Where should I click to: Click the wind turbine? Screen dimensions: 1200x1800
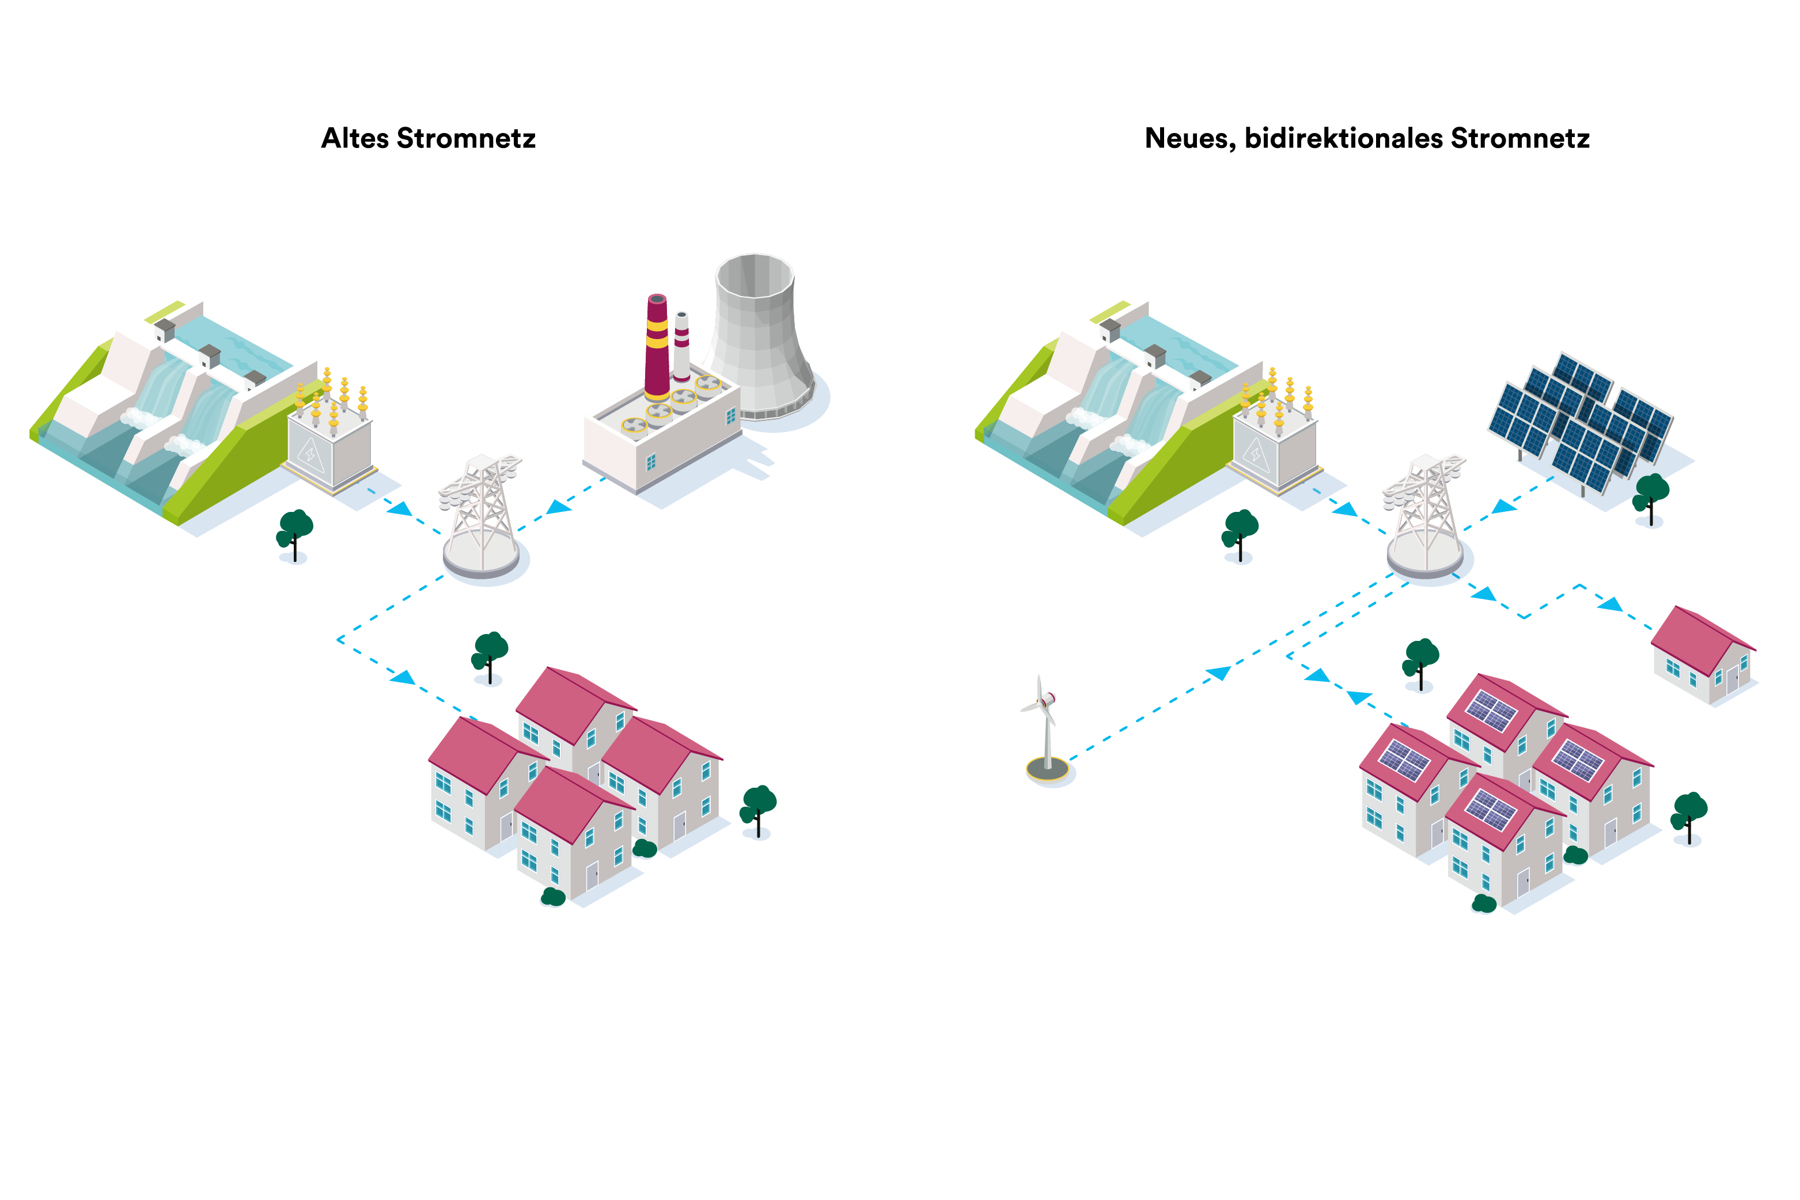click(x=1044, y=719)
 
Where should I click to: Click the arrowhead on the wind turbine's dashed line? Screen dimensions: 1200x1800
click(x=1217, y=673)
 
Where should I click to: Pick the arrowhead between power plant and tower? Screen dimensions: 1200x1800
click(x=559, y=507)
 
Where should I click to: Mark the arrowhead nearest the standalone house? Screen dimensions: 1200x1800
click(x=1609, y=604)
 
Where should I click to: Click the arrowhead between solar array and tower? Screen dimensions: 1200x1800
click(x=1505, y=506)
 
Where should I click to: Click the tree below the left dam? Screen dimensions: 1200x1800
click(x=295, y=533)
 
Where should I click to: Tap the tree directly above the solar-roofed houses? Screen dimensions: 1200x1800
click(x=1420, y=663)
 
